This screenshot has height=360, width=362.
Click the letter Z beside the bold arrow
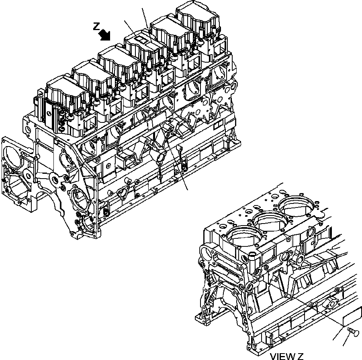(x=96, y=26)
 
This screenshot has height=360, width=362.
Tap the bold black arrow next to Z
(x=106, y=35)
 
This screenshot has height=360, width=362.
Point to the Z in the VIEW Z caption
(x=300, y=356)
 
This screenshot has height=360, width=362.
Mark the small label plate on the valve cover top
(x=141, y=39)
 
